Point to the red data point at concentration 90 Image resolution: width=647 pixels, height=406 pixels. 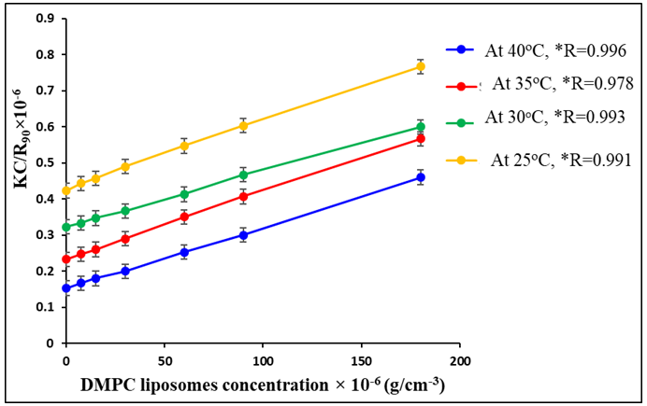tap(243, 197)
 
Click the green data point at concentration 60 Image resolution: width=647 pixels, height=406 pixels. tap(184, 194)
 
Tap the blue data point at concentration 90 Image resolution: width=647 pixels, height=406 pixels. tap(243, 235)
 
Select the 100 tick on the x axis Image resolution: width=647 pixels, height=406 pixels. tap(263, 359)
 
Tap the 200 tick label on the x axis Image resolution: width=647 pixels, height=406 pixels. tap(459, 359)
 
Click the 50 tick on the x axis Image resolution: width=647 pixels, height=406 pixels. tap(165, 359)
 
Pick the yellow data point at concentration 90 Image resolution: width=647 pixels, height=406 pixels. tap(243, 125)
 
